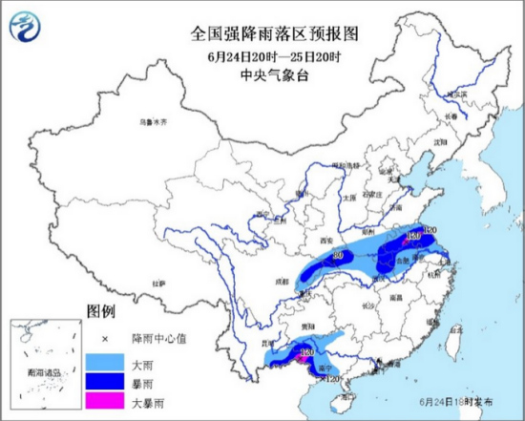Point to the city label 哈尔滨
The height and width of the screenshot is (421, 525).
[460, 94]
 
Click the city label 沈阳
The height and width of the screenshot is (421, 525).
[440, 140]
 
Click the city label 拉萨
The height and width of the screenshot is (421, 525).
[158, 284]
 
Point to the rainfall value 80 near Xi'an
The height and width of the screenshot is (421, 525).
[338, 255]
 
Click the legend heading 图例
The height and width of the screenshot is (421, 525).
[100, 312]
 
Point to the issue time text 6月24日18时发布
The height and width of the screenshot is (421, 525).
[454, 405]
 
